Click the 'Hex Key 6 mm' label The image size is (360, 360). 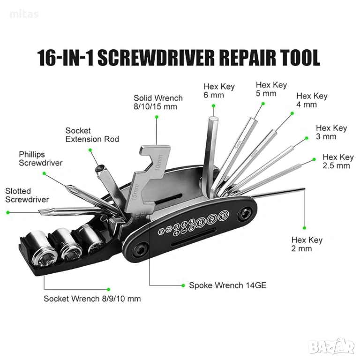219,91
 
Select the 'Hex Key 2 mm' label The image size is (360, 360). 307,244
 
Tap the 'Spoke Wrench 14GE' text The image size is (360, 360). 227,285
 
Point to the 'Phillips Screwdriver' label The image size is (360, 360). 40,158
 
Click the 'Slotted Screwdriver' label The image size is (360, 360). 27,195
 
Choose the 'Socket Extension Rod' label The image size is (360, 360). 92,135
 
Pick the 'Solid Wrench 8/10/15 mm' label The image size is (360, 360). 158,102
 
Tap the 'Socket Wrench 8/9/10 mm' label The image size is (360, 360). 92,299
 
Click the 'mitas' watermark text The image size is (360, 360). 24,15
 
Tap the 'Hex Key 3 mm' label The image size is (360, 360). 331,132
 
